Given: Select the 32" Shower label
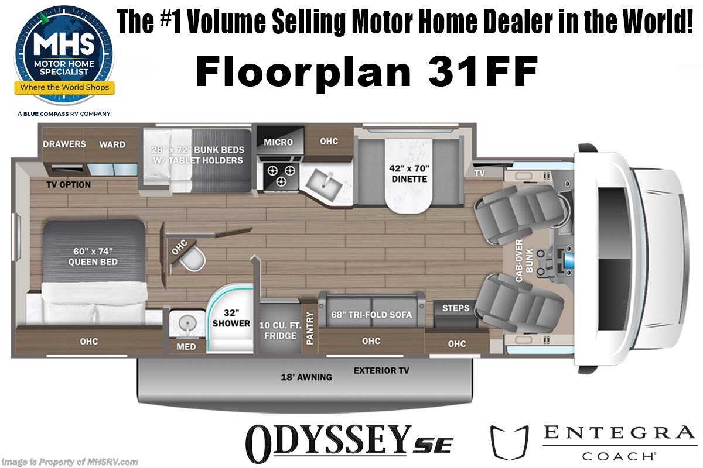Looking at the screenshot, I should [x=231, y=318].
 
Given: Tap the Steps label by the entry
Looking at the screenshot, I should [x=455, y=308].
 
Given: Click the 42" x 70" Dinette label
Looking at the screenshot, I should [x=410, y=174].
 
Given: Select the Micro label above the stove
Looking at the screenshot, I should [x=278, y=142].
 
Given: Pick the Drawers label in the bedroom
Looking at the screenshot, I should [x=64, y=144].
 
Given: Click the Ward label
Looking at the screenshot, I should [x=112, y=144].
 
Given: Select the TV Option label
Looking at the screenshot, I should [x=69, y=185].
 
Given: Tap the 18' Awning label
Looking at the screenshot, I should [x=306, y=377].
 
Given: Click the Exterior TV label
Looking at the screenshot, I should [x=381, y=370].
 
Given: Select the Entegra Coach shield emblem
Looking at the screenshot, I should [x=506, y=442].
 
